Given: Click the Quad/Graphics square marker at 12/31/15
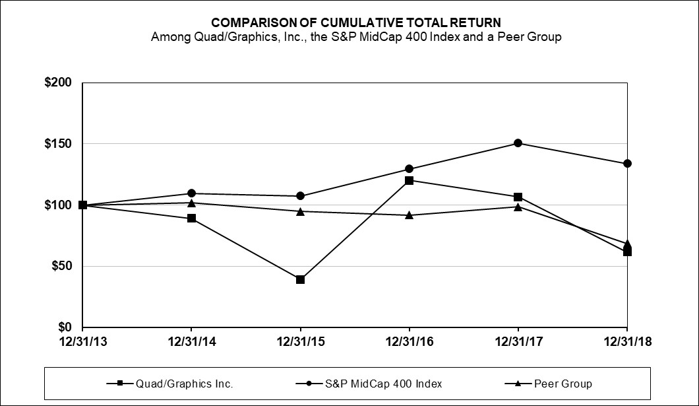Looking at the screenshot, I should coord(300,279).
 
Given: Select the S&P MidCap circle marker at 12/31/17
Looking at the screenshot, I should coord(518,143).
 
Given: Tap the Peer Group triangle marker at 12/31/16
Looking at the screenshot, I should coord(409,215).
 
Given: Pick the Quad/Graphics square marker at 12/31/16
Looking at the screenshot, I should coord(409,180).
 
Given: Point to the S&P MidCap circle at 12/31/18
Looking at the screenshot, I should coord(627,164).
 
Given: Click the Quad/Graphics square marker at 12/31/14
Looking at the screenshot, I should coord(191,218).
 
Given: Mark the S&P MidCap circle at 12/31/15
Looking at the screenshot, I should coord(300,196).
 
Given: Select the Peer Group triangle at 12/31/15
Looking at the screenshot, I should coord(300,211).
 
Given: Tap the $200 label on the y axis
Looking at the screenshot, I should coord(58,83).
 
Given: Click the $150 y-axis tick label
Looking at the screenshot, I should coord(58,144).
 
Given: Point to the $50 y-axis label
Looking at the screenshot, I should coord(61,267).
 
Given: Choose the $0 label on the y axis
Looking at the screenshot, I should coord(64,327).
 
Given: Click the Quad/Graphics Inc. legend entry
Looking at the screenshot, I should coord(169,384).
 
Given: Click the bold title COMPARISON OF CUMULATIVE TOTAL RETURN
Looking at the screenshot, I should coord(356,23).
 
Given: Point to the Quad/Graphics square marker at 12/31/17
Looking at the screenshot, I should coord(518,197).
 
